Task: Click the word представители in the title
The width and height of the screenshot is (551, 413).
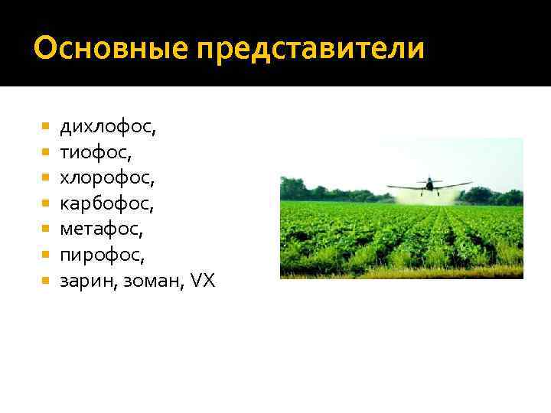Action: [310, 50]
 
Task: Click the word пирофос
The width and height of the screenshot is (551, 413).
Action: [102, 255]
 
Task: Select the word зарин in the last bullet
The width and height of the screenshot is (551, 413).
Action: [84, 281]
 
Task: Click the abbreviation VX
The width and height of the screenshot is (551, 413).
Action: [203, 281]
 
